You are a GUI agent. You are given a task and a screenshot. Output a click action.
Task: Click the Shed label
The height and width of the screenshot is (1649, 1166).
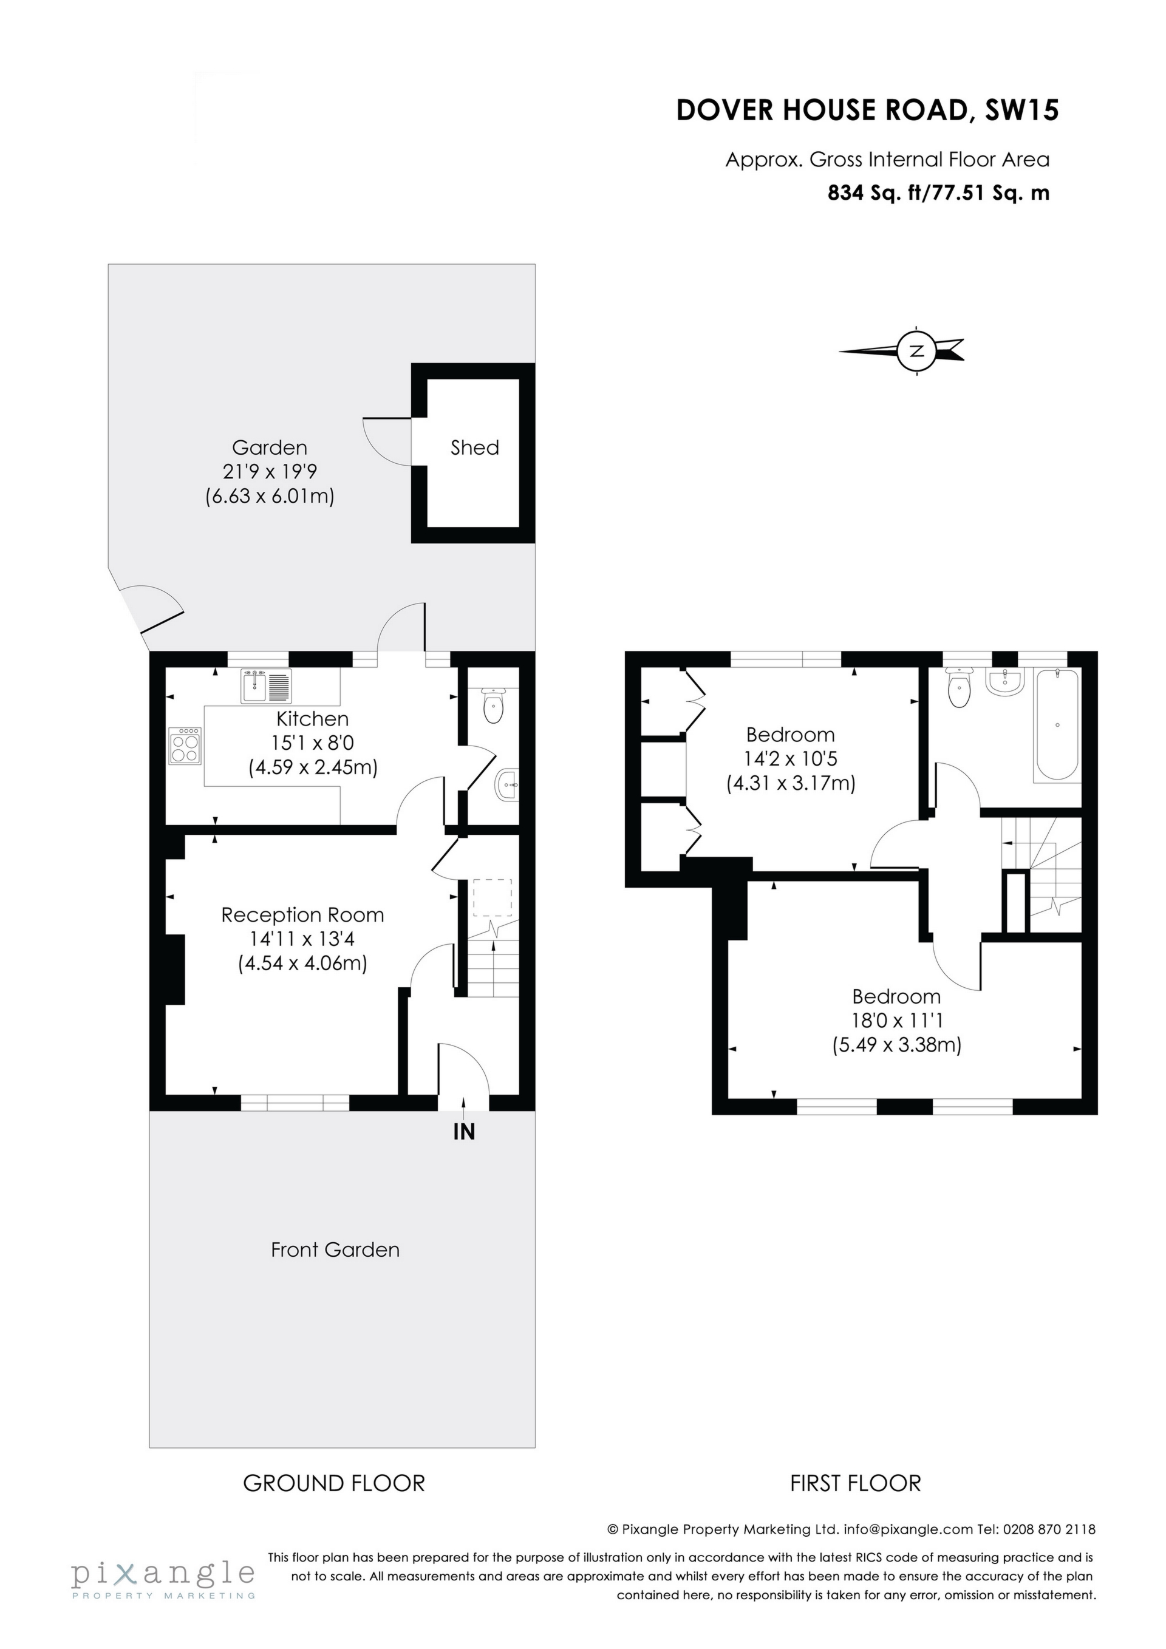(474, 447)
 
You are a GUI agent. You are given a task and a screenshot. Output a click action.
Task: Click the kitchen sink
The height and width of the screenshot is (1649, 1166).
(266, 685)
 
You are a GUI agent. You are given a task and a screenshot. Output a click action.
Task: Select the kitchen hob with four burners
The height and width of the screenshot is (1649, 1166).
(185, 746)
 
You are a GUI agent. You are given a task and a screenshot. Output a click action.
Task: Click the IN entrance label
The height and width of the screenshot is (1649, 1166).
(464, 1132)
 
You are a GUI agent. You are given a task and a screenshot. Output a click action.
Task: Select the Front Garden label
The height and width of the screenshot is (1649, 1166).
(335, 1249)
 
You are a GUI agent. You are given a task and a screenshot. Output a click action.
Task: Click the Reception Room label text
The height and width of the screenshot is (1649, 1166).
(302, 915)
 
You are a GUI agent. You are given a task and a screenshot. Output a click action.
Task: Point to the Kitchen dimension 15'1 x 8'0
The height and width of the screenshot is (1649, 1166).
(313, 743)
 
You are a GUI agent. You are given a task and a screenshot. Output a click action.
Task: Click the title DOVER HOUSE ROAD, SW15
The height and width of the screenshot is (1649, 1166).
(867, 110)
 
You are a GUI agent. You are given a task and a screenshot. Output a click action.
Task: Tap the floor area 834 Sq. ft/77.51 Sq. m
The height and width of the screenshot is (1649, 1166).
(938, 193)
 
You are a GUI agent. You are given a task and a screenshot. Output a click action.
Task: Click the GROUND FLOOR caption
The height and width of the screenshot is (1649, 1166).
(334, 1483)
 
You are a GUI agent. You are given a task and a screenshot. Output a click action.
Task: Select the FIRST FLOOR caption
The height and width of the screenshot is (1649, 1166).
(855, 1483)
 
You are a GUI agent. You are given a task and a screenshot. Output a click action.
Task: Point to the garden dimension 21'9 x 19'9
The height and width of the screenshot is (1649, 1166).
(270, 472)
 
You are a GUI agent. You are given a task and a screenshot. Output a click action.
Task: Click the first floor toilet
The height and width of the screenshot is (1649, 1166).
(959, 687)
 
